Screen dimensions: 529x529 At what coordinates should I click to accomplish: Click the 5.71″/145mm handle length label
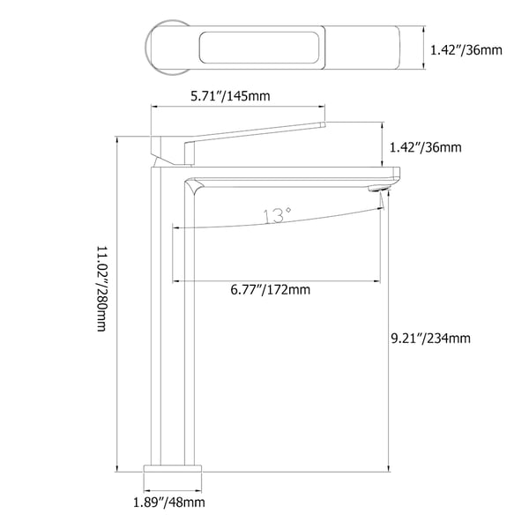pos(231,96)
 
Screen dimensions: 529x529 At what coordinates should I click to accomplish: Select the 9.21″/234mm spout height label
pos(430,338)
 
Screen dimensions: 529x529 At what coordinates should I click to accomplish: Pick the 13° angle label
pos(276,215)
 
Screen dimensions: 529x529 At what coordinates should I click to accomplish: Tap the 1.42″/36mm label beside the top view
pos(466,50)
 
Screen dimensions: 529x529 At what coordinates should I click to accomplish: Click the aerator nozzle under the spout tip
pos(380,188)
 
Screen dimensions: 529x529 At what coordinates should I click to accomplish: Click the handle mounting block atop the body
pos(172,151)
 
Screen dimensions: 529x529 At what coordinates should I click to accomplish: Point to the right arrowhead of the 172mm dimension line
pos(380,281)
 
